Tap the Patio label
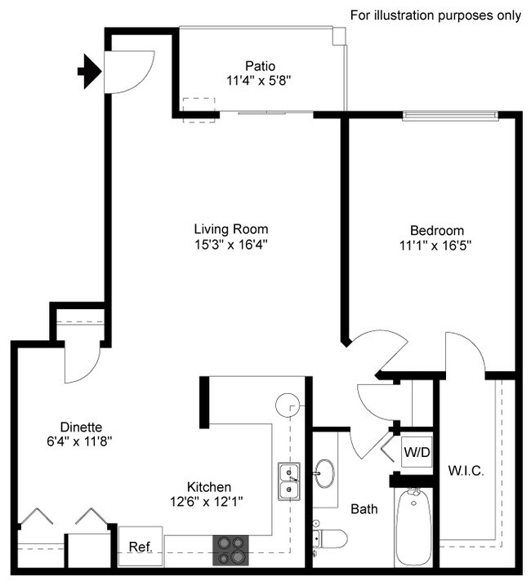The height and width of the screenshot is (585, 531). coord(259,65)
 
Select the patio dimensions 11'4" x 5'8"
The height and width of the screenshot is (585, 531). coord(259,80)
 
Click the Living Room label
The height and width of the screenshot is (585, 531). coord(230,229)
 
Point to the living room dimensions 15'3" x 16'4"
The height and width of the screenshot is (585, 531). coord(230,244)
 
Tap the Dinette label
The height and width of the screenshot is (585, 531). coord(80,427)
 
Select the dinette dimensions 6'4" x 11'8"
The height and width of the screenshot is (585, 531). coord(80,441)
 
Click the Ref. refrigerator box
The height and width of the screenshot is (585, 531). coord(141,547)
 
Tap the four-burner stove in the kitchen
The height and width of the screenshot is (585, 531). coord(230,549)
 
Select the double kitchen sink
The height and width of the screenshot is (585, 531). coord(288,481)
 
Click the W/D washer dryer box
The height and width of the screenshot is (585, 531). coord(413,450)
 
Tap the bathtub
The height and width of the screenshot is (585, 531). coord(413,526)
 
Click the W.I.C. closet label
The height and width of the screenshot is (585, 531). coord(466,471)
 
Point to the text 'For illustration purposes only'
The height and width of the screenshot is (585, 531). coord(435,16)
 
